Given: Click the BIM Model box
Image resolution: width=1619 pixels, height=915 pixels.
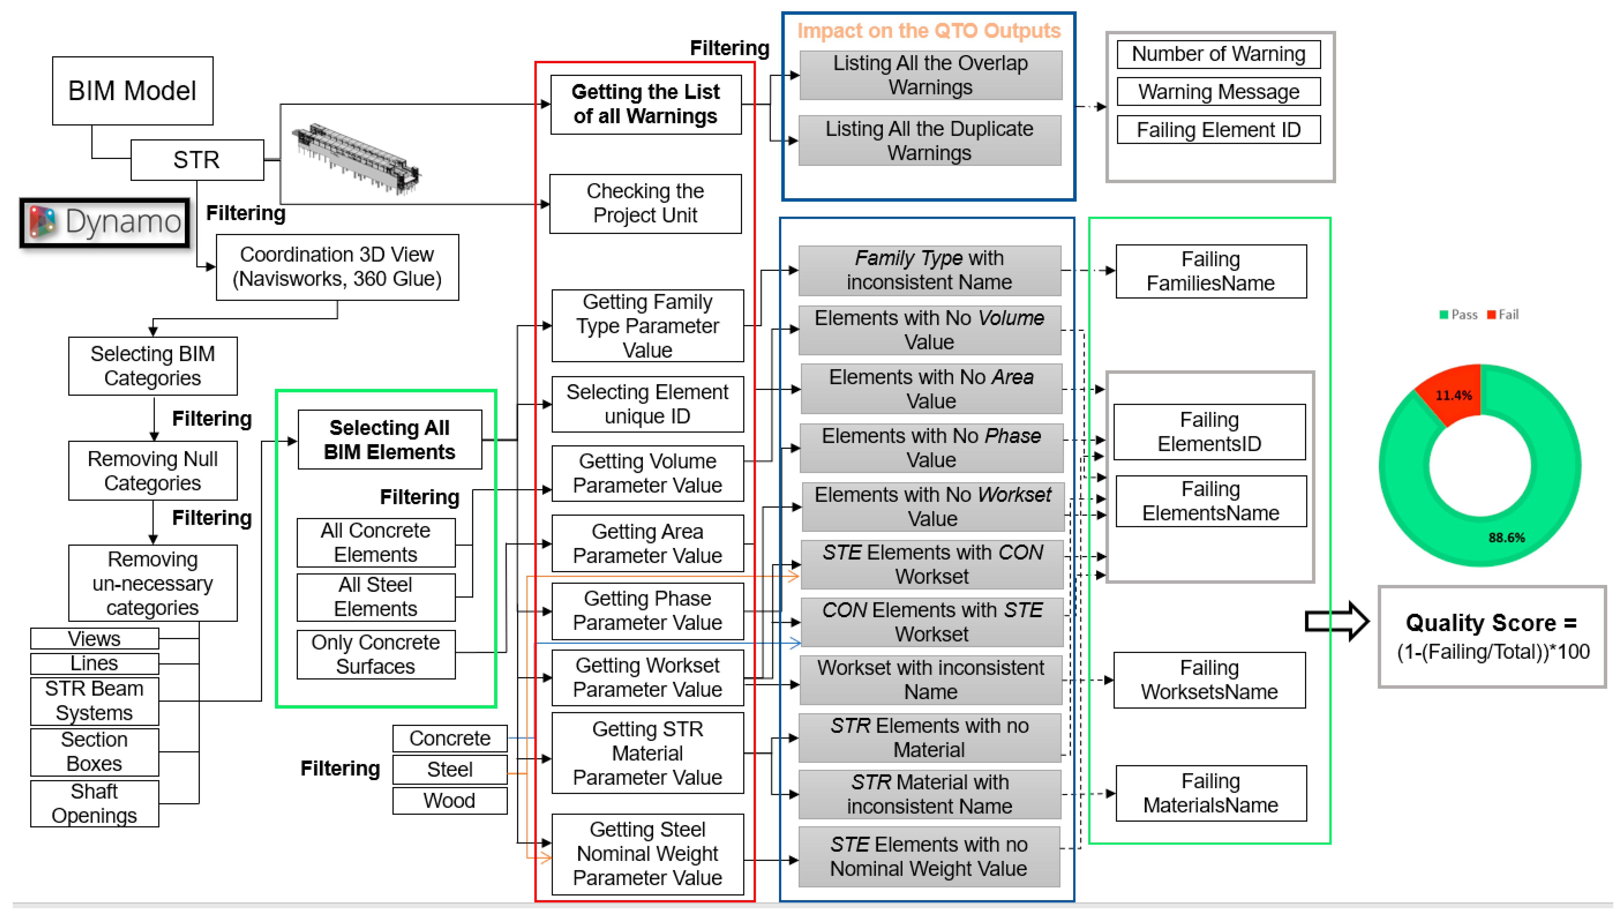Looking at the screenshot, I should (133, 91).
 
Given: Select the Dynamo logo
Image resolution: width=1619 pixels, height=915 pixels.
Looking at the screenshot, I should (105, 223).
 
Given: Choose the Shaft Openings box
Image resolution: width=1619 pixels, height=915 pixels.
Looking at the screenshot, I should (94, 803).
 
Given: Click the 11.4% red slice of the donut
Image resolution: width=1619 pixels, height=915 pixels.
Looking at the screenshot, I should (1452, 393).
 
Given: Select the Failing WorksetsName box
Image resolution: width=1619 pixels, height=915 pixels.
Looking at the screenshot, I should (1209, 680).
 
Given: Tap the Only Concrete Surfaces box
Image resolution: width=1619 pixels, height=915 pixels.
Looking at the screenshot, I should (376, 654).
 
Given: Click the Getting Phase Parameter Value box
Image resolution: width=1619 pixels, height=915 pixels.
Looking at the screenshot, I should (647, 610).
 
